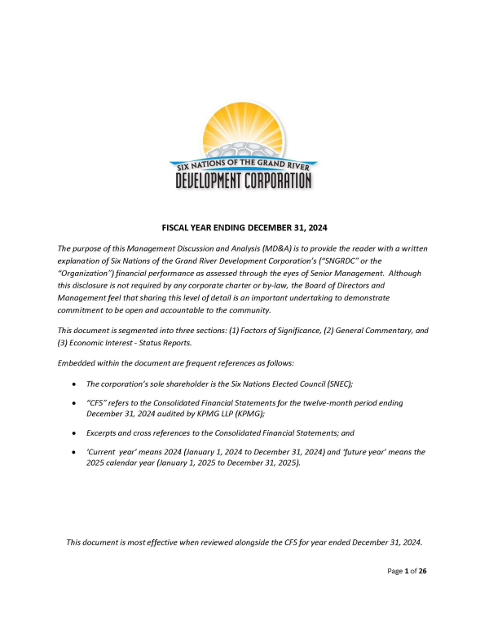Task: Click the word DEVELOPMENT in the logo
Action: click(x=216, y=179)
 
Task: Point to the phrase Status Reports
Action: click(x=162, y=345)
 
